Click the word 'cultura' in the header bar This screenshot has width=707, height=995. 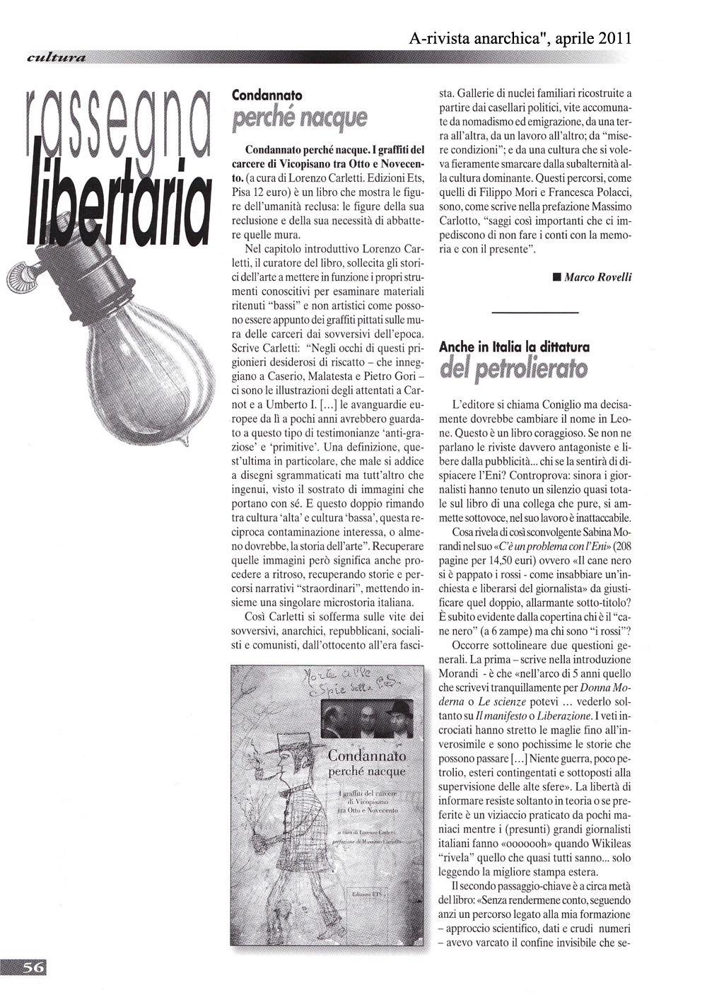click(x=54, y=57)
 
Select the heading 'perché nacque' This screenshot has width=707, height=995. click(x=299, y=117)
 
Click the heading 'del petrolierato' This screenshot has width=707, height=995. click(x=513, y=369)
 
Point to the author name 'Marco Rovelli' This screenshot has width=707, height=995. click(x=597, y=277)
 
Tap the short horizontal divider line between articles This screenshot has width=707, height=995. click(x=534, y=313)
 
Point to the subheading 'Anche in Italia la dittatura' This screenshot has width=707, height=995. click(x=514, y=347)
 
